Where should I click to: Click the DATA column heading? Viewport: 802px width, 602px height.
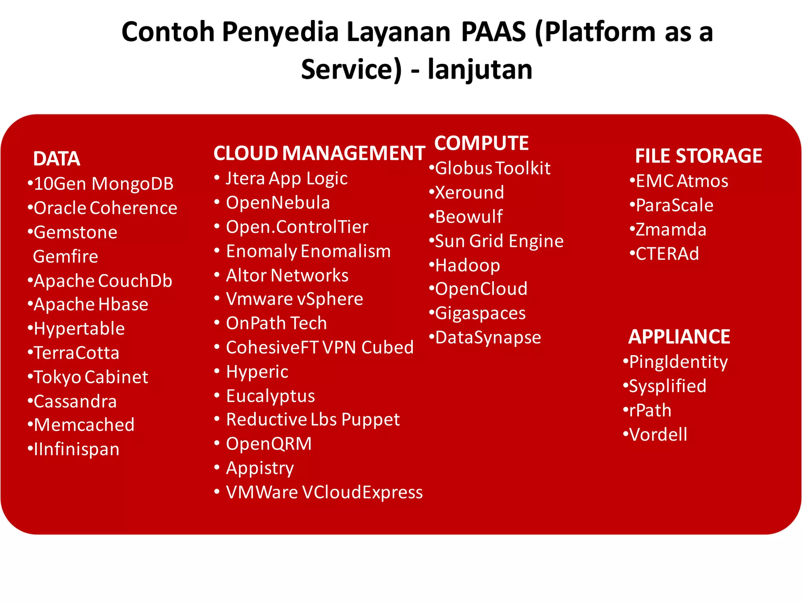pyautogui.click(x=57, y=159)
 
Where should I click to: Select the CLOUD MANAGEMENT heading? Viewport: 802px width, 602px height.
pyautogui.click(x=319, y=153)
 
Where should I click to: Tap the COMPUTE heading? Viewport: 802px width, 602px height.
pyautogui.click(x=481, y=143)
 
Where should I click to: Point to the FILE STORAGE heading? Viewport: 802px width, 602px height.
pyautogui.click(x=698, y=156)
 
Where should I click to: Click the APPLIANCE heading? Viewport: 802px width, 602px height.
pyautogui.click(x=679, y=337)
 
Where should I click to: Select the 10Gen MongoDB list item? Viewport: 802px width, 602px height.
pyautogui.click(x=103, y=184)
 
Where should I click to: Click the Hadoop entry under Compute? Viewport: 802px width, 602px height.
pyautogui.click(x=468, y=265)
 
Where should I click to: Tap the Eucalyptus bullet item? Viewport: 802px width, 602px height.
pyautogui.click(x=270, y=396)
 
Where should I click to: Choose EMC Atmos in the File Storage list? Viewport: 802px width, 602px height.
pyautogui.click(x=682, y=181)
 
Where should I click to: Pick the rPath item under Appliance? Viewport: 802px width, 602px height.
pyautogui.click(x=650, y=410)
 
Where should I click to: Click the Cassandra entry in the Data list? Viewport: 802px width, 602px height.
pyautogui.click(x=75, y=401)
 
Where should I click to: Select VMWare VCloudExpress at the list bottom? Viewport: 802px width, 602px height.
pyautogui.click(x=324, y=492)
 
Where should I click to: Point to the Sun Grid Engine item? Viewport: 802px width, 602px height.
pyautogui.click(x=499, y=241)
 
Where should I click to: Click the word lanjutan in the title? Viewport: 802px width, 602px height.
pyautogui.click(x=480, y=69)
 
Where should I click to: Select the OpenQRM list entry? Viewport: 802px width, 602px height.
pyautogui.click(x=269, y=444)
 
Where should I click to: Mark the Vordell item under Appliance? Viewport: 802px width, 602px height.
pyautogui.click(x=658, y=435)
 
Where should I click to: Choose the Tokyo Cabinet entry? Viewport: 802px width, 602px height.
pyautogui.click(x=91, y=377)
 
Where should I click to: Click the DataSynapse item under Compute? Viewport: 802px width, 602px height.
pyautogui.click(x=488, y=337)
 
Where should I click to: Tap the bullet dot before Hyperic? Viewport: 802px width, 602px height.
pyautogui.click(x=217, y=371)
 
